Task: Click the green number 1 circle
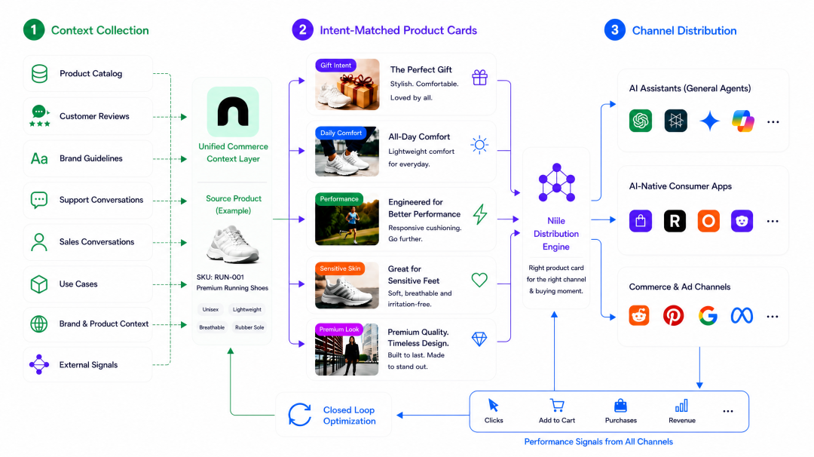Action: pos(34,30)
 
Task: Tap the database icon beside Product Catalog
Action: pos(39,74)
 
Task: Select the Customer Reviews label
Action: pos(94,116)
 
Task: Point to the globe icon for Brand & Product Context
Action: pos(39,324)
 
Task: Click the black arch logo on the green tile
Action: pos(233,112)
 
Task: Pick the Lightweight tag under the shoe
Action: pos(247,309)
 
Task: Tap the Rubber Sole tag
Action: pos(249,328)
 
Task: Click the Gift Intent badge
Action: pos(336,66)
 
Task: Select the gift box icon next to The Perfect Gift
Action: pos(479,78)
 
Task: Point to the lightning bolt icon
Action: pos(480,214)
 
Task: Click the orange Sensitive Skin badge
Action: pos(340,268)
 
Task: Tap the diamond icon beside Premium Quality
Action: pos(479,339)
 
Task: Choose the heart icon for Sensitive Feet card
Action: pos(479,280)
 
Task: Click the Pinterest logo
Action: pos(673,316)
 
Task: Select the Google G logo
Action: pos(708,316)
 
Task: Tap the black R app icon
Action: pos(675,221)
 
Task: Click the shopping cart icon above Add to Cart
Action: pos(557,406)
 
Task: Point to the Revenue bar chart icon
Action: pos(681,406)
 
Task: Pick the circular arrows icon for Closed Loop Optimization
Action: pos(299,415)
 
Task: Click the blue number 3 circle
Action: pos(615,30)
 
